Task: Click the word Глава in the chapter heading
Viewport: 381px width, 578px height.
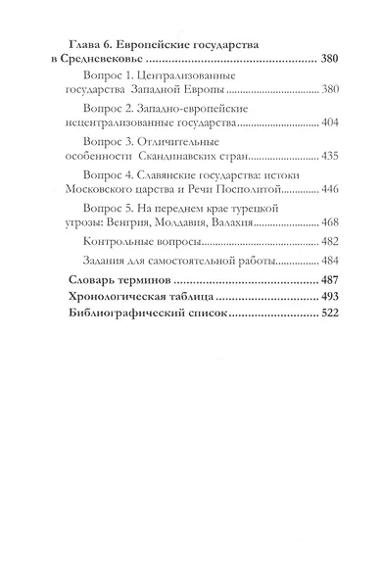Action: click(76, 43)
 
